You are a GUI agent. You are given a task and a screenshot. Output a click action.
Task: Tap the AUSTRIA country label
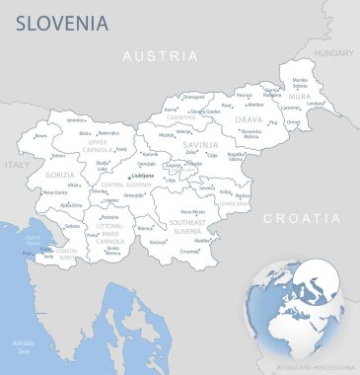point(160,56)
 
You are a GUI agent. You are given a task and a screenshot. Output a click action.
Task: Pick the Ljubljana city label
point(143,175)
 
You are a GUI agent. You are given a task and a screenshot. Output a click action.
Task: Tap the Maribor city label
point(255,103)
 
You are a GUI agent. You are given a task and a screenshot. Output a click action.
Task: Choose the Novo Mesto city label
point(193,211)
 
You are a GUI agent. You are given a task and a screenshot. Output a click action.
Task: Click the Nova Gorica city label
point(56,192)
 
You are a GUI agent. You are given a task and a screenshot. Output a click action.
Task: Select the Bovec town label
point(41,136)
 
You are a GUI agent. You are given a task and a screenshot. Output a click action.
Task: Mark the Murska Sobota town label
point(300,82)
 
